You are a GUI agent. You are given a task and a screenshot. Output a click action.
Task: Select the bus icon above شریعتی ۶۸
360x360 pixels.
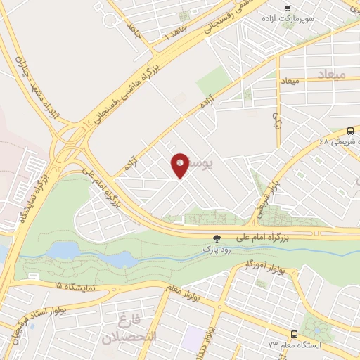click(x=350, y=131)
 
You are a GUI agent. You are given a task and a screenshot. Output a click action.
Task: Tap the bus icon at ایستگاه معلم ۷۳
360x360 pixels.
click(x=294, y=335)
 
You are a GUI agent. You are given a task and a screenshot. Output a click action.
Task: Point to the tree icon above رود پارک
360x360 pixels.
click(x=217, y=238)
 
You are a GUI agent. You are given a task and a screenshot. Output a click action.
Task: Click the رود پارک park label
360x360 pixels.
click(x=217, y=248)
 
